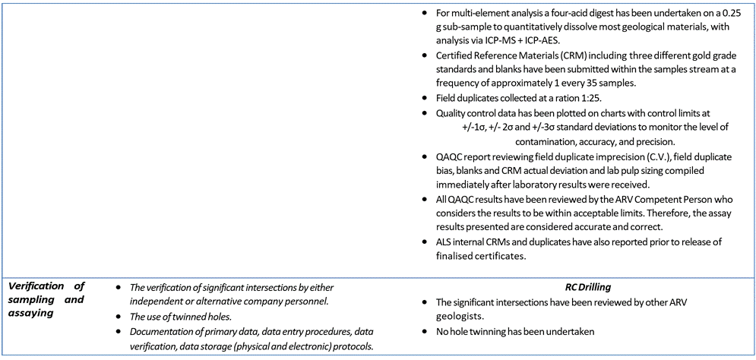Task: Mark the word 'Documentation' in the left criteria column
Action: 160,330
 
